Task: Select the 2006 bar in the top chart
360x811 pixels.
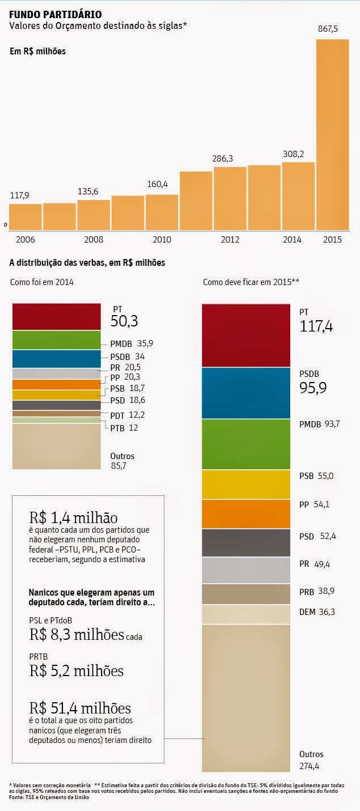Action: (26, 215)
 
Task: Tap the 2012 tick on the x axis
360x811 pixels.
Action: (229, 239)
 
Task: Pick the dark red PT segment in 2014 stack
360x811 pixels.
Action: (56, 316)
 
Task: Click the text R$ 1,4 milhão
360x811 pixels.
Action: (74, 518)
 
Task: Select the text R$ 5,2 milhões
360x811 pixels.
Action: (77, 671)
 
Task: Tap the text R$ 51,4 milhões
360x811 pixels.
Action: (80, 708)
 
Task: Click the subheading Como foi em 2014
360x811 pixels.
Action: (42, 282)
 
